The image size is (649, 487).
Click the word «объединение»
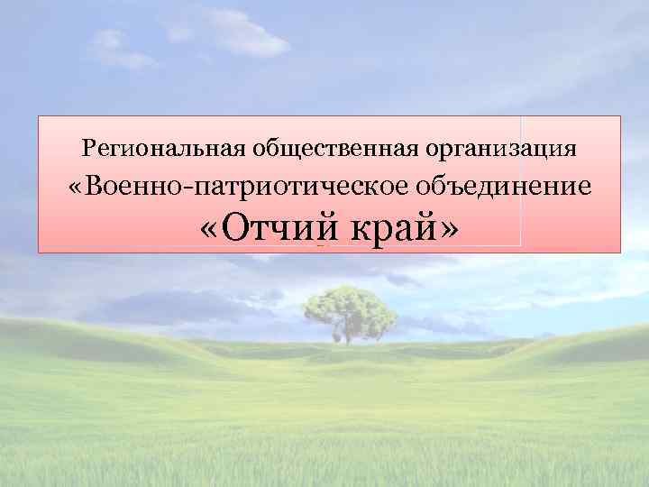(x=504, y=186)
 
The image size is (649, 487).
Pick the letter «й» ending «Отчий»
(x=324, y=225)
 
